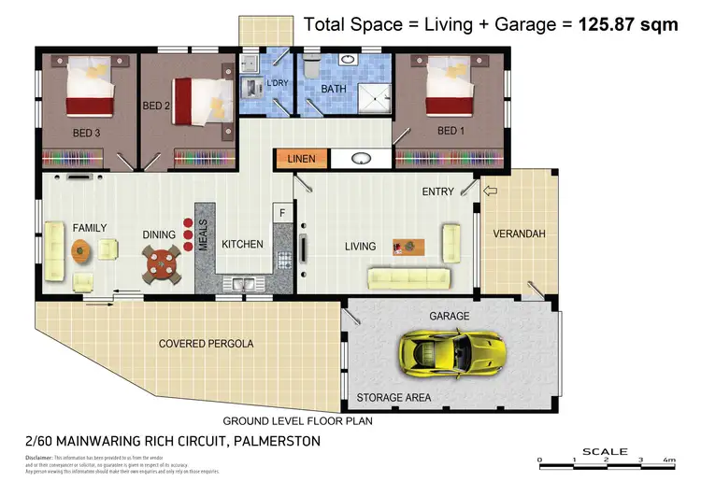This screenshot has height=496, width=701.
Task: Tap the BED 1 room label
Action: pos(451,130)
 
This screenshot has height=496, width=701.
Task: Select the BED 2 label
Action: pos(156,106)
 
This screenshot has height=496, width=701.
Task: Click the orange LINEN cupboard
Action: pos(301,159)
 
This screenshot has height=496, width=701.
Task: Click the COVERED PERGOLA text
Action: pos(206,344)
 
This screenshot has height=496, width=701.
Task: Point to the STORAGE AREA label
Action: pos(393,398)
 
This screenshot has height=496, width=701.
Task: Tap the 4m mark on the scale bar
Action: pos(667,461)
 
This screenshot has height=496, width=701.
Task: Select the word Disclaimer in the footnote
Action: pos(38,458)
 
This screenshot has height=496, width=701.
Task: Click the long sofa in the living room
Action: pos(410,276)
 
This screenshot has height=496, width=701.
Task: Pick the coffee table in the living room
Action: pos(408,247)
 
